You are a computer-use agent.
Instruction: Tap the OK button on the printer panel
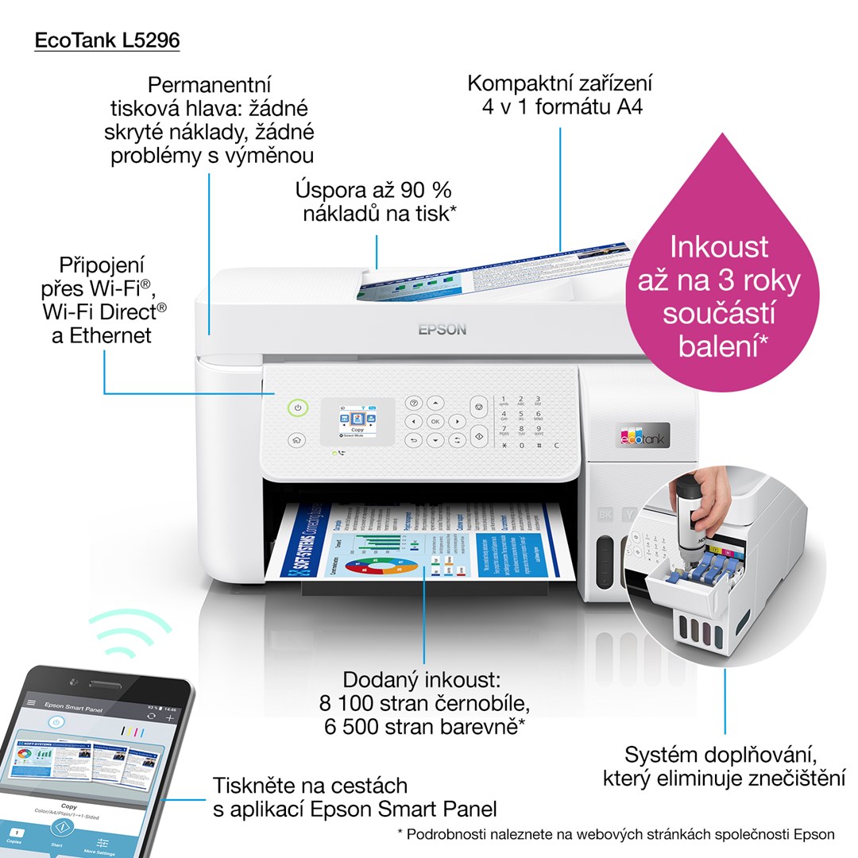pyautogui.click(x=435, y=421)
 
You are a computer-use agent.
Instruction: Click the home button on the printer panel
pyautogui.click(x=296, y=439)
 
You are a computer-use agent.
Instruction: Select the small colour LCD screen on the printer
pyautogui.click(x=357, y=421)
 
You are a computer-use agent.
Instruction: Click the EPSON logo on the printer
pyautogui.click(x=443, y=329)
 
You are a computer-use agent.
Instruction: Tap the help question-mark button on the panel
pyautogui.click(x=413, y=404)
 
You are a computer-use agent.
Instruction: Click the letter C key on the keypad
pyautogui.click(x=556, y=446)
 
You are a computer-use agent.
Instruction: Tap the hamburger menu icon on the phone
pyautogui.click(x=32, y=703)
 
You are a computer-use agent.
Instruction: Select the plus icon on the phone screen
pyautogui.click(x=169, y=717)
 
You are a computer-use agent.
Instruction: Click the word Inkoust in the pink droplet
pyautogui.click(x=719, y=246)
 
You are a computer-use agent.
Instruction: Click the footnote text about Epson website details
pyautogui.click(x=616, y=834)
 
